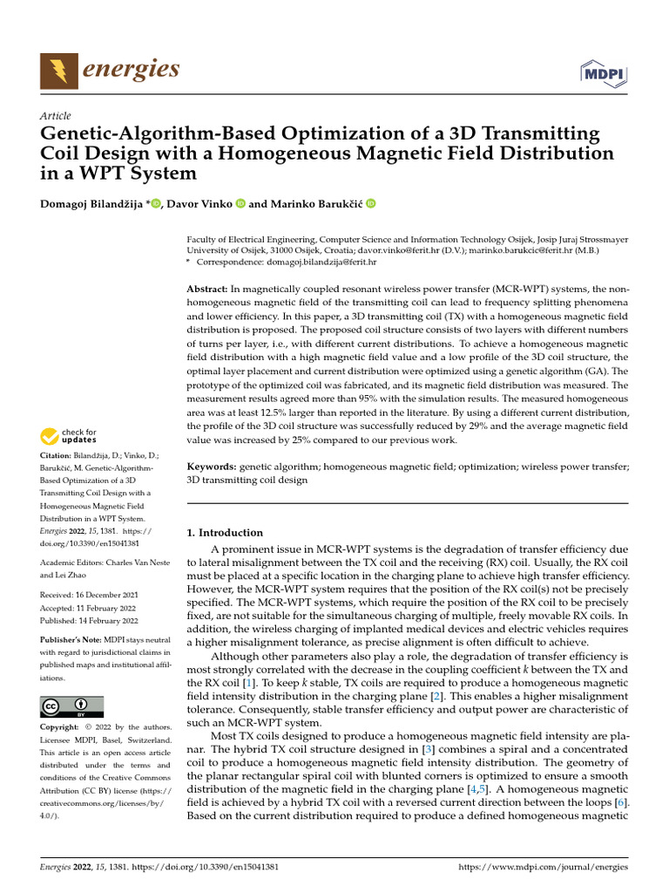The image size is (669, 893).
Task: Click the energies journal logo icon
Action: [57, 71]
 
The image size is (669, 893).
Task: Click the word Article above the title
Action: [56, 116]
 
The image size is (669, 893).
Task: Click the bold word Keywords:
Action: [212, 467]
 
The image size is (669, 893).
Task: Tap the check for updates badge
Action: [69, 436]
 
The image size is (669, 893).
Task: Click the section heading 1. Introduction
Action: [225, 532]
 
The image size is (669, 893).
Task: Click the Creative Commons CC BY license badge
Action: [71, 706]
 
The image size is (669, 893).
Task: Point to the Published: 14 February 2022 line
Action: [89, 621]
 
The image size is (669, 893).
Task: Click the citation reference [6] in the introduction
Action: [619, 802]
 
